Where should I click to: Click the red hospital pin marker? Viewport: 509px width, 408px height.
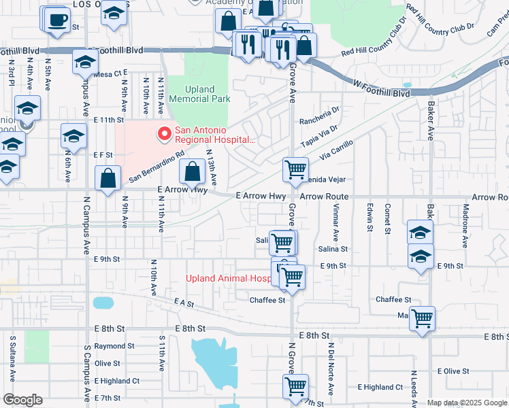pos(163,134)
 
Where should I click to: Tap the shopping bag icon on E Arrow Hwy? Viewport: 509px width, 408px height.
pos(193,172)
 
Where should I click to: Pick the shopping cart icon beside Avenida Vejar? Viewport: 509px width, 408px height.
pos(295,170)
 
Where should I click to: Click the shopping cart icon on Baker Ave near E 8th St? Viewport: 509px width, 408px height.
pos(422,318)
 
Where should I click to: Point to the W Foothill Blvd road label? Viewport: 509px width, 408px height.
pos(381,88)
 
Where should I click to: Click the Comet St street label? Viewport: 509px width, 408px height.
pos(387,218)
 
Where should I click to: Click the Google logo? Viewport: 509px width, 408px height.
pos(22,400)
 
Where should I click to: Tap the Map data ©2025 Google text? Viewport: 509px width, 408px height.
pos(466,403)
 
